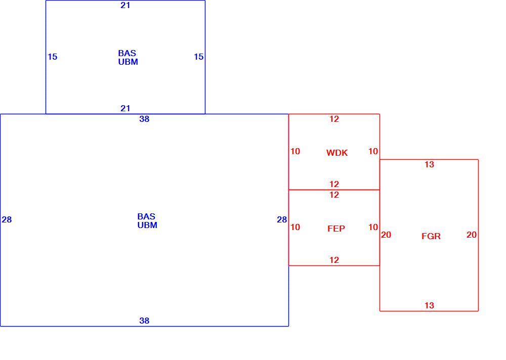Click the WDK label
[337, 153]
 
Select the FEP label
[336, 229]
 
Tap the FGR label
[431, 236]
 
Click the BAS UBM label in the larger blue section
[147, 220]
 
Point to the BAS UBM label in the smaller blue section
[128, 58]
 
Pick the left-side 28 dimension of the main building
[7, 219]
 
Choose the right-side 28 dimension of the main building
[282, 219]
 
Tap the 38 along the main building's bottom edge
[144, 321]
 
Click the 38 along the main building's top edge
[144, 119]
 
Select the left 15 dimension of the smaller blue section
[52, 57]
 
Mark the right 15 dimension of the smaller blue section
[198, 57]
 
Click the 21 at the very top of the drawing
[125, 5]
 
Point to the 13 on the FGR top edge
[429, 164]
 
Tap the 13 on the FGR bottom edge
[429, 305]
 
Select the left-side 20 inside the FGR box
[386, 235]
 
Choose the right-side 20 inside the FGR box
[472, 235]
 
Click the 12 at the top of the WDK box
[334, 119]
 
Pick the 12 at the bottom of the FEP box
[334, 260]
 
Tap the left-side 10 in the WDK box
[295, 151]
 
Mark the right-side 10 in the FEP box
[373, 227]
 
